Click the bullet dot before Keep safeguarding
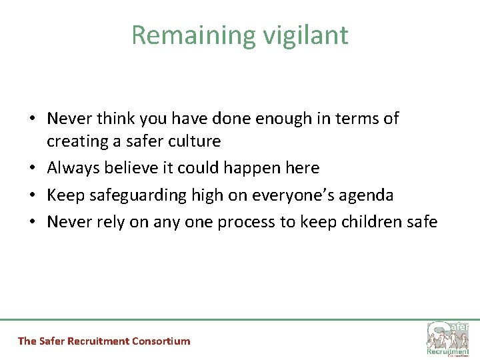tap(33, 196)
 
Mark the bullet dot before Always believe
tap(33, 169)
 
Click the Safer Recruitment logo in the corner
tap(447, 338)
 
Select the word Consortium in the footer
tap(161, 341)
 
